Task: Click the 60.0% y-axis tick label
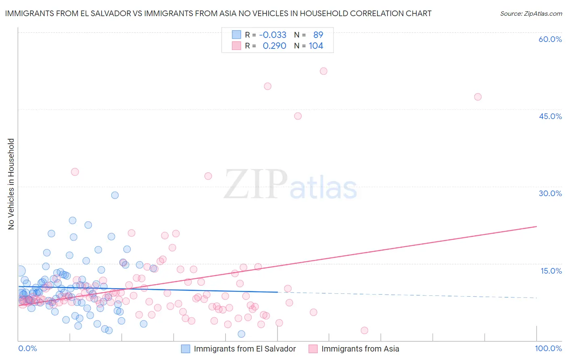(x=550, y=39)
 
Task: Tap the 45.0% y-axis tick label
(x=550, y=116)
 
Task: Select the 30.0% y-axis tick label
(x=550, y=193)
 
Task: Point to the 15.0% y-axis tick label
(x=551, y=271)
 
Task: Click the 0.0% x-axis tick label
(x=27, y=348)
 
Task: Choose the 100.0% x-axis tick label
(x=548, y=348)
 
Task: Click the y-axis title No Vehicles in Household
(x=11, y=184)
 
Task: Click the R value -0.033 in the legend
(x=273, y=35)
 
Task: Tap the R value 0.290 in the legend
(x=274, y=46)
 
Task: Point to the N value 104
(x=316, y=46)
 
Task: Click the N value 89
(x=318, y=35)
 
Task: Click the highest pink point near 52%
(x=323, y=71)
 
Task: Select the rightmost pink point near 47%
(x=478, y=97)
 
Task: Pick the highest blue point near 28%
(x=115, y=195)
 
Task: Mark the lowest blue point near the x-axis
(x=242, y=334)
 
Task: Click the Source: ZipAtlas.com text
(x=531, y=14)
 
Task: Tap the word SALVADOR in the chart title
(x=107, y=14)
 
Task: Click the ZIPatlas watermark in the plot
(x=290, y=185)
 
